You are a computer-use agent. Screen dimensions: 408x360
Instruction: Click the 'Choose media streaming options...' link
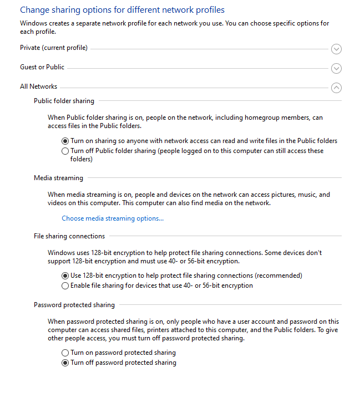[113, 218]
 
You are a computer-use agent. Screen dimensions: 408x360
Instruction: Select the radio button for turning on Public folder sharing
[65, 141]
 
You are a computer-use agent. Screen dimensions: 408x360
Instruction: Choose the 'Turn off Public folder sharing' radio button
[65, 151]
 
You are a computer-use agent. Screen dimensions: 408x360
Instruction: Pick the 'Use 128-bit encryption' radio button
[65, 276]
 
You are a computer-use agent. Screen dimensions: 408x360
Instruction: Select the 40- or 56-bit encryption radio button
[65, 286]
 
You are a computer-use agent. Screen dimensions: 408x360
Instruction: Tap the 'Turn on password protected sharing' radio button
[65, 353]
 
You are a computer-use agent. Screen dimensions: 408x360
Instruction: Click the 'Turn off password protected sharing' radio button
[65, 363]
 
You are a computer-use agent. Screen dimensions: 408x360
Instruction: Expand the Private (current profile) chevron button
[336, 49]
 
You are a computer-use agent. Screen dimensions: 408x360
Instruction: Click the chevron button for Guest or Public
[336, 69]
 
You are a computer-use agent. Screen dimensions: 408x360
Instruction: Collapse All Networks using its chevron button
[336, 88]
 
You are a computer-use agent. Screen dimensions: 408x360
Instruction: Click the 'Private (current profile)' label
[54, 48]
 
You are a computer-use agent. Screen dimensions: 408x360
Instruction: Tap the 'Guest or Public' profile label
[42, 67]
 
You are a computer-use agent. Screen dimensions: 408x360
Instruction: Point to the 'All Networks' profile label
[38, 86]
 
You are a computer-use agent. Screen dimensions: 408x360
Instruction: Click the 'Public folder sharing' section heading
[64, 101]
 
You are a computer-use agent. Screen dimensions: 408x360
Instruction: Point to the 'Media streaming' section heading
[58, 178]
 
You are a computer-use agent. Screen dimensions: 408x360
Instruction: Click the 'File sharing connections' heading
[69, 236]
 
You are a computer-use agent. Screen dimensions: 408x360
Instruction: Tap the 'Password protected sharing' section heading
[74, 305]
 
